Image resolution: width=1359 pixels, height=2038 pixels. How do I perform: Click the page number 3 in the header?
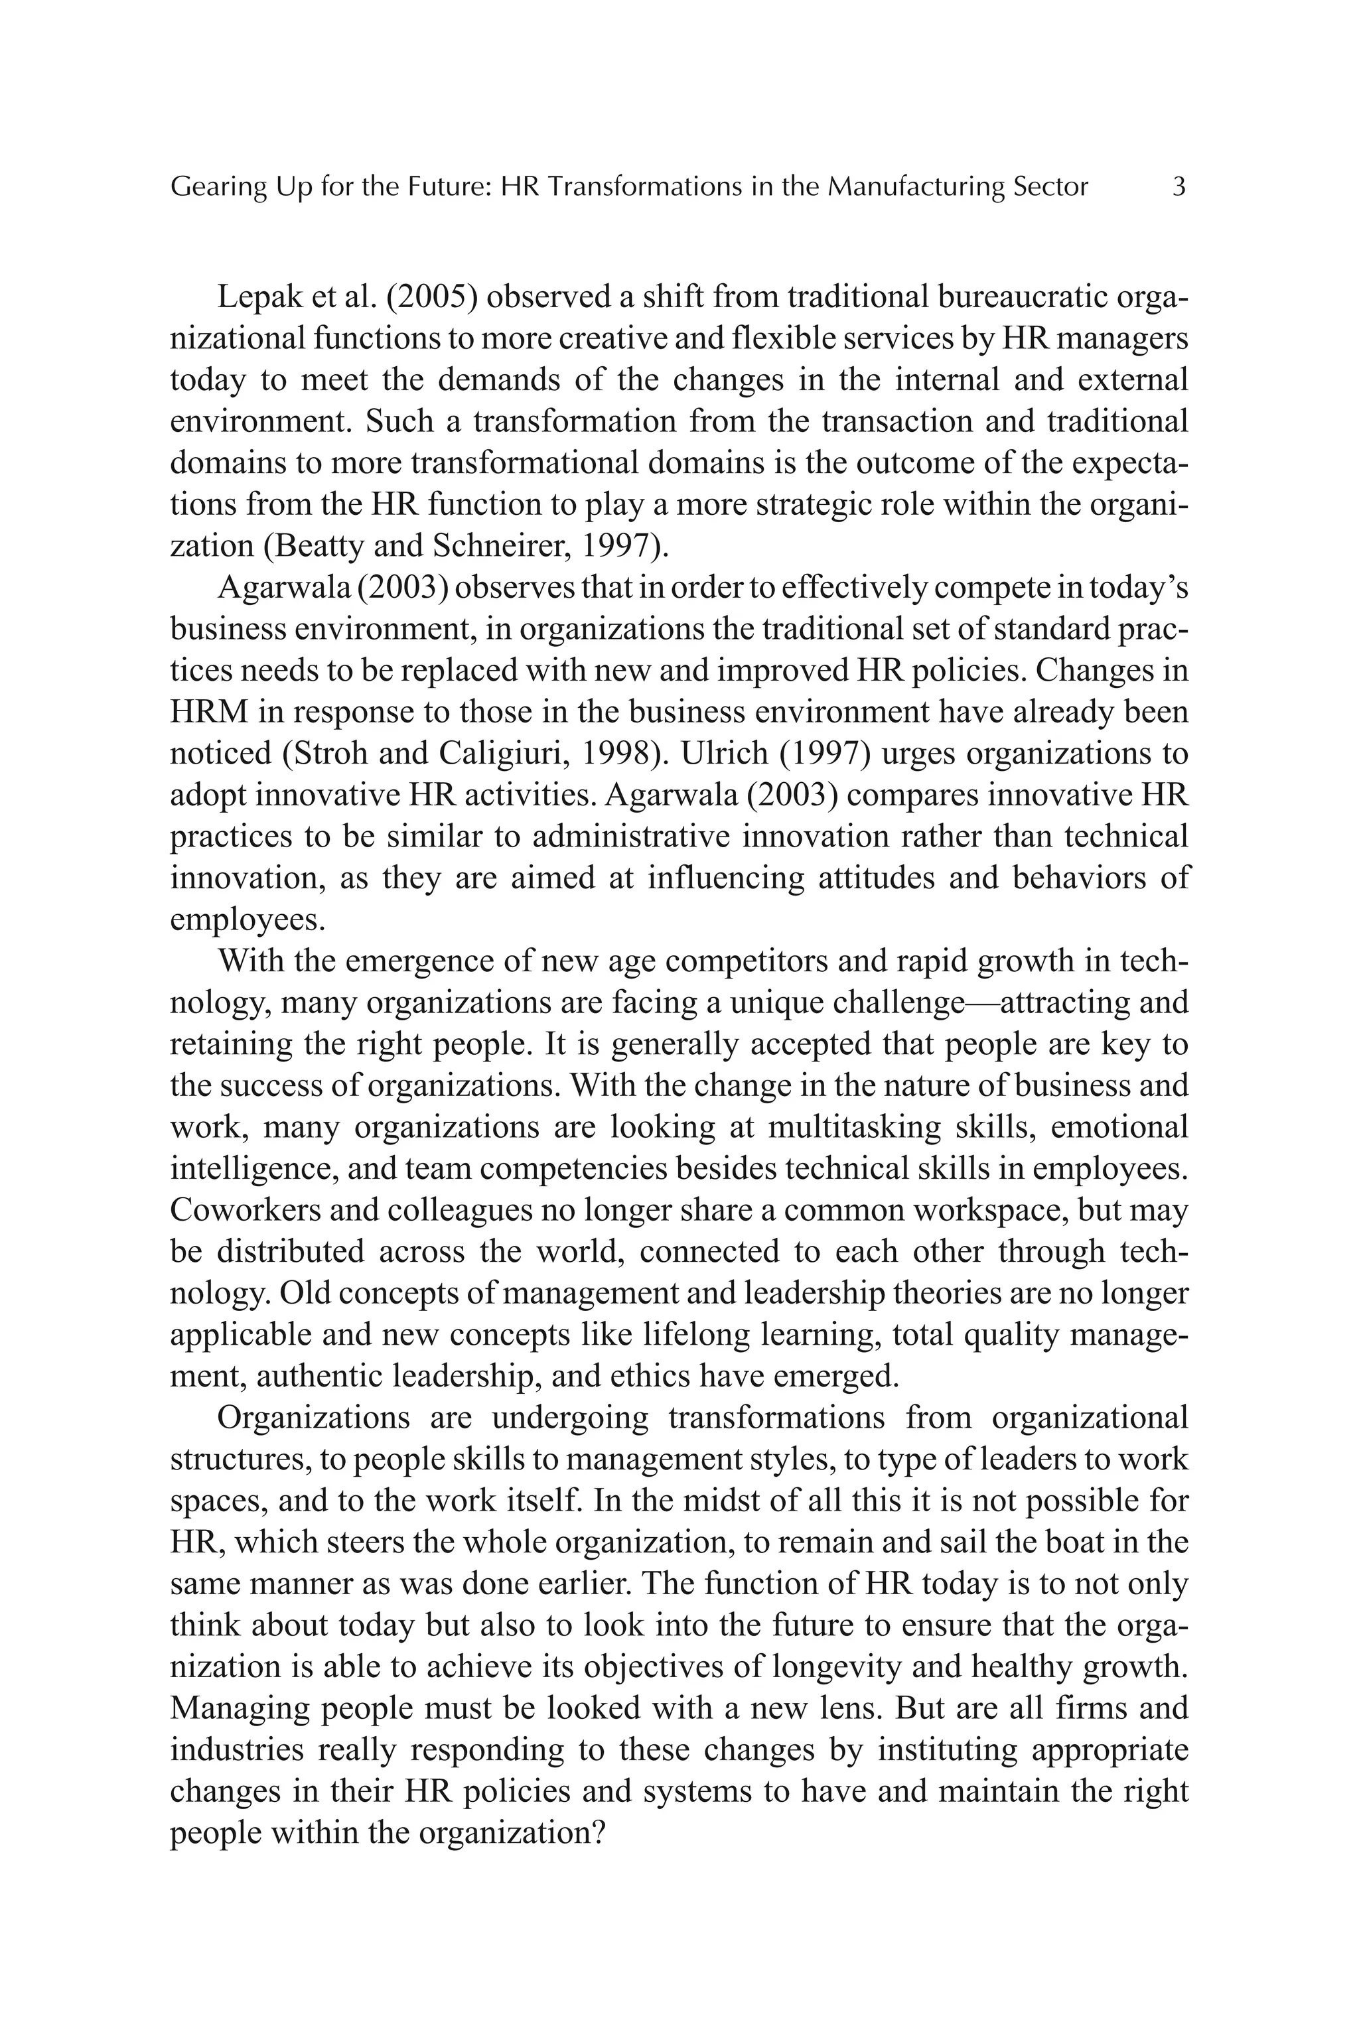click(1178, 187)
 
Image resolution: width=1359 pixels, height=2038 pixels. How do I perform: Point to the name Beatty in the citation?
click(326, 546)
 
